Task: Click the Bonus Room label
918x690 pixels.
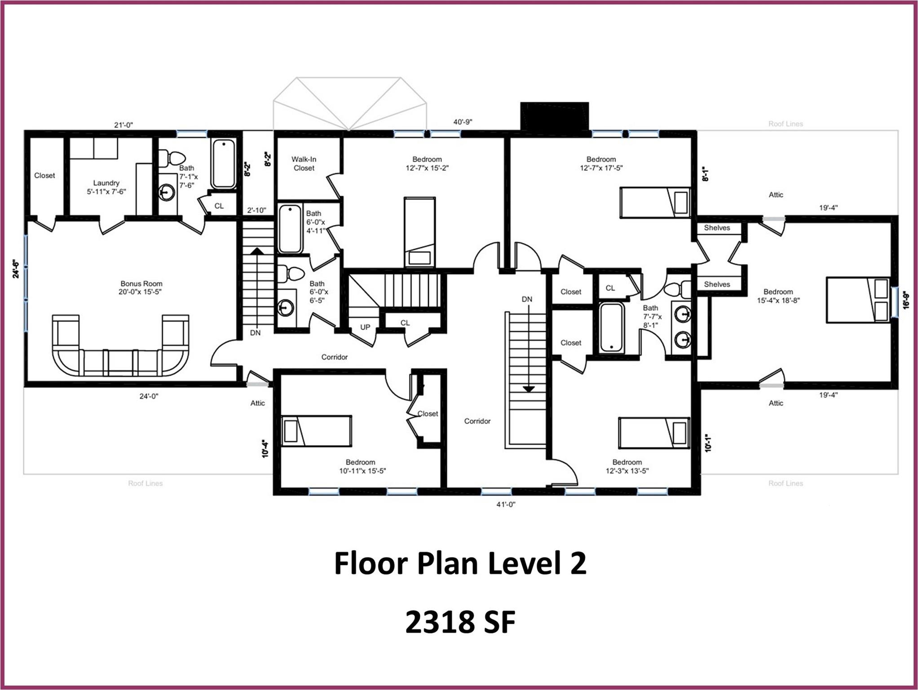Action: click(x=141, y=283)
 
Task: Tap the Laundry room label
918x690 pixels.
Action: click(x=106, y=183)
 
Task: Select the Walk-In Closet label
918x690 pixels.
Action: click(x=304, y=164)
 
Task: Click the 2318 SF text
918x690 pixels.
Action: click(x=460, y=623)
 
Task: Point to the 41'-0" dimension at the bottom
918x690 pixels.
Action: click(x=506, y=504)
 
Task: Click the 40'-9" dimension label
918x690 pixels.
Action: click(x=463, y=122)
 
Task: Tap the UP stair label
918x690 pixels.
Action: click(x=365, y=327)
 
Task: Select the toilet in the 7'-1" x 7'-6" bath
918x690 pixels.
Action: click(x=172, y=158)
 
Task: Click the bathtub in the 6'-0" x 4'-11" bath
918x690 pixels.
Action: click(x=290, y=229)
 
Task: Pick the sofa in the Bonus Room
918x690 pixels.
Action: click(x=120, y=345)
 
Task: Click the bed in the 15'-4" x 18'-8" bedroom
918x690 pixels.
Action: click(x=858, y=300)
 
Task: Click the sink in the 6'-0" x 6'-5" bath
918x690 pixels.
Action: click(x=285, y=308)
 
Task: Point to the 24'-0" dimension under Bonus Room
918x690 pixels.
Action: click(x=149, y=396)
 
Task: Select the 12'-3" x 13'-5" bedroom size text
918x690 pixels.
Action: click(x=627, y=471)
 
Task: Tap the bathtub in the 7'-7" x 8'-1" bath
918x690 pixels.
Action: click(x=612, y=327)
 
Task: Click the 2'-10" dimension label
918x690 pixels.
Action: click(x=257, y=210)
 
